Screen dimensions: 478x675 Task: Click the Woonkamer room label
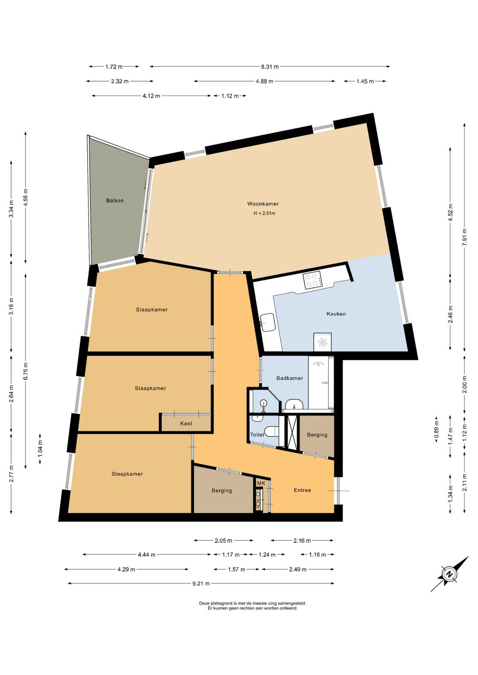[262, 204]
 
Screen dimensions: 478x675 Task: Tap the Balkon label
[115, 200]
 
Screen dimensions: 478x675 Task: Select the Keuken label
[336, 314]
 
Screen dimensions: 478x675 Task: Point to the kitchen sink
[267, 322]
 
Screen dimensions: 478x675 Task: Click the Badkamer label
[289, 378]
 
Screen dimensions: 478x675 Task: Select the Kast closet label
[186, 423]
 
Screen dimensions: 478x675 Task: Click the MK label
[261, 483]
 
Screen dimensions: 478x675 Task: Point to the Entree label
[302, 490]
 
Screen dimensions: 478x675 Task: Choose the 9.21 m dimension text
[201, 583]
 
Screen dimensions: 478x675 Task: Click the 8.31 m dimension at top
[270, 67]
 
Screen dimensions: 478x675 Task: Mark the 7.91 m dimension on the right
[465, 237]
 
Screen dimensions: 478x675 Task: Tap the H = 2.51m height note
[265, 213]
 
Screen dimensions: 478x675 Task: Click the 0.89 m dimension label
[436, 430]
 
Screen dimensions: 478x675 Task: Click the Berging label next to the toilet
[317, 434]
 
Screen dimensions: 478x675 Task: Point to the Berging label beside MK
[222, 491]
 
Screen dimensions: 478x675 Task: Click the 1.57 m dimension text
[237, 569]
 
